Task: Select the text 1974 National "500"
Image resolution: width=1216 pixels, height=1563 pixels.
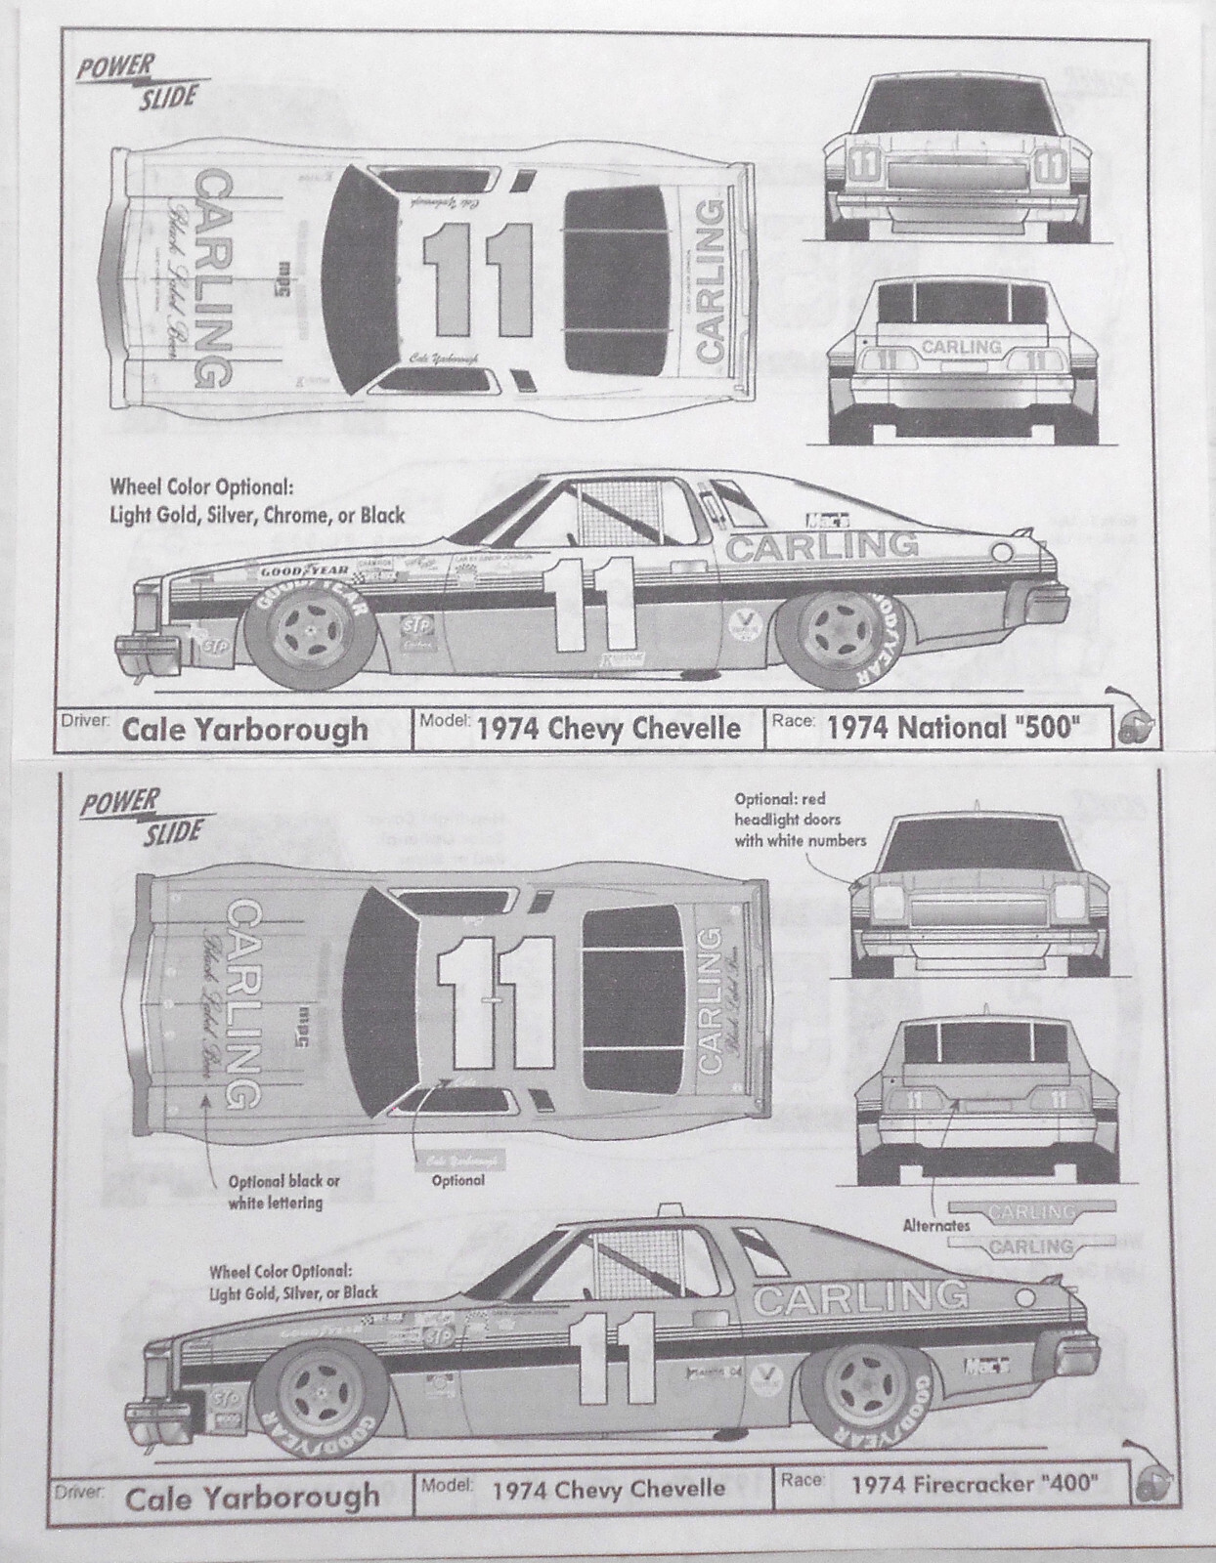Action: tap(937, 728)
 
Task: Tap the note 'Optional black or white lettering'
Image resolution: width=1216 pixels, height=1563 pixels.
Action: tap(277, 1192)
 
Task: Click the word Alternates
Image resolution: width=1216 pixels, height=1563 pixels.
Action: tap(936, 1224)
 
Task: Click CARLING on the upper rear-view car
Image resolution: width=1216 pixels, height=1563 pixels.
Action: tap(961, 348)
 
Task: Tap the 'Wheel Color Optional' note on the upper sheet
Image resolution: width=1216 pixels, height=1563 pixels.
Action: tap(257, 501)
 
